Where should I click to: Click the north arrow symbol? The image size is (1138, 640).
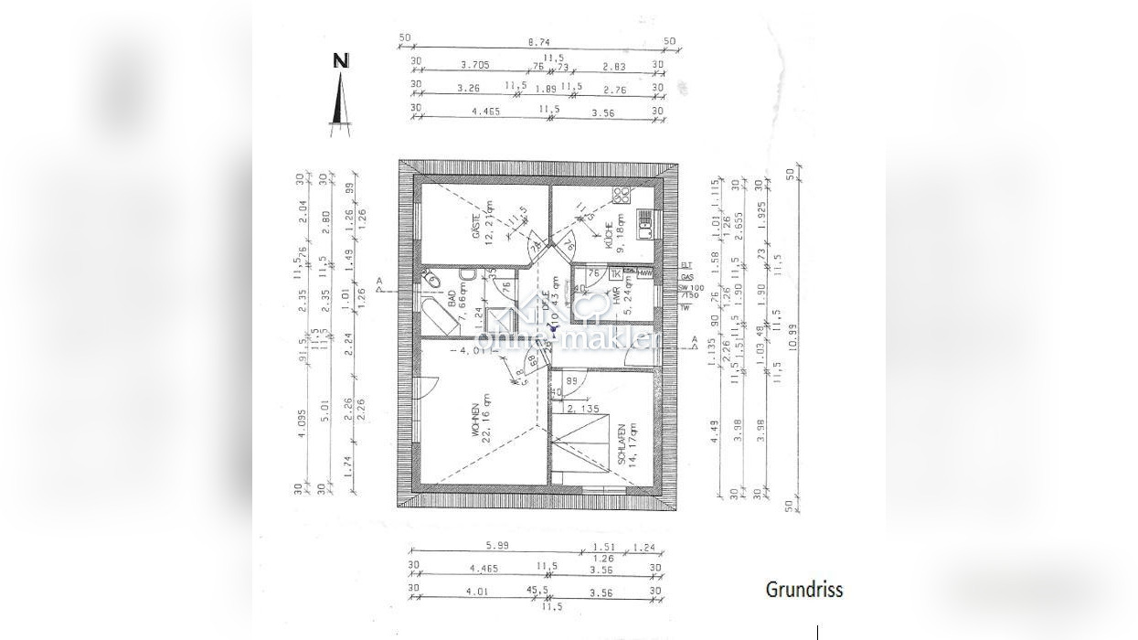[x=340, y=96]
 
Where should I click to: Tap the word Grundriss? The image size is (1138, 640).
[x=803, y=590]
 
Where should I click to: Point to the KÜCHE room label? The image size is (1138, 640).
[x=609, y=235]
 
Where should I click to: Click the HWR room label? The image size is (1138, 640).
[x=618, y=292]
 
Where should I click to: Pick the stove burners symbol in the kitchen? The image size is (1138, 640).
[x=622, y=195]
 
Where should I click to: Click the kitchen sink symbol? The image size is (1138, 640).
[x=645, y=219]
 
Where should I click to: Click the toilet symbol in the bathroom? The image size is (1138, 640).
[x=433, y=278]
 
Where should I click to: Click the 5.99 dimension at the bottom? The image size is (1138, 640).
[x=496, y=547]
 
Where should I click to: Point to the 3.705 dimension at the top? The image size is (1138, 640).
[x=474, y=65]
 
